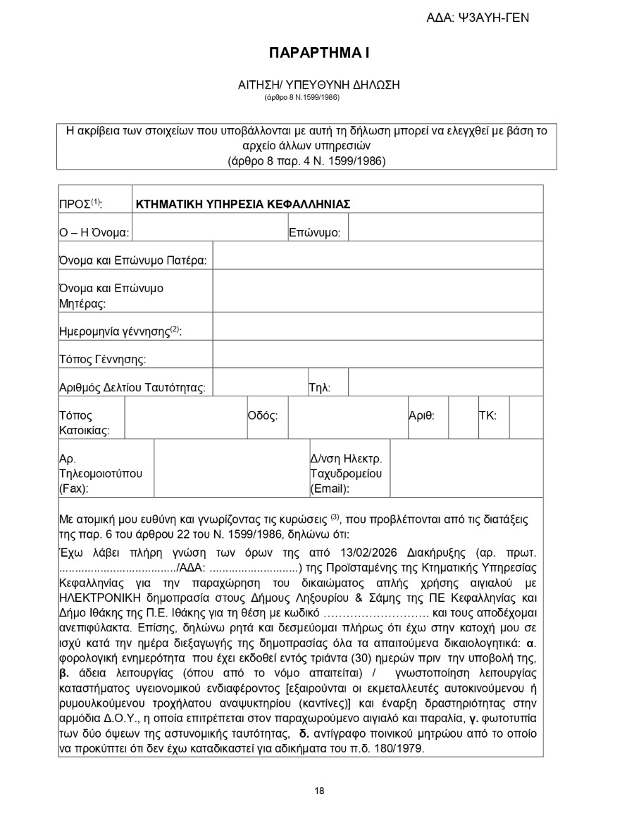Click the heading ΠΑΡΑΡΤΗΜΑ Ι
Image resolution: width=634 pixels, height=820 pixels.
tap(319, 53)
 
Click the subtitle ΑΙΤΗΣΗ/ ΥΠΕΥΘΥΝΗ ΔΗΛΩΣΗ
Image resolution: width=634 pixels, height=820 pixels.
tap(319, 84)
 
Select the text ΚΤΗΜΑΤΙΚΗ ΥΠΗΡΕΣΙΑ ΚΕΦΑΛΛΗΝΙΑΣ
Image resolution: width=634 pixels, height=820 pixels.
tap(243, 205)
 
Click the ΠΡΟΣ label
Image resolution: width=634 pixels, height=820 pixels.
tap(80, 205)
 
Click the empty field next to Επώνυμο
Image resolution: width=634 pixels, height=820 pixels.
tap(445, 227)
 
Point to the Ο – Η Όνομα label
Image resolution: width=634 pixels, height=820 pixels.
tap(94, 232)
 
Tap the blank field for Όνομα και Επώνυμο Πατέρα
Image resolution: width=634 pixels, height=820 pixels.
tap(378, 256)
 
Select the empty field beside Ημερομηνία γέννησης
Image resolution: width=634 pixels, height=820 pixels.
tap(378, 327)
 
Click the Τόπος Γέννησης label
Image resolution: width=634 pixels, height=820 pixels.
tap(102, 360)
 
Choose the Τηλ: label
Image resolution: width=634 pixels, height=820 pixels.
tap(319, 388)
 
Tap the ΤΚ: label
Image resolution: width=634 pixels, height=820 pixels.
tap(487, 415)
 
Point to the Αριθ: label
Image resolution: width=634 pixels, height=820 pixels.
tap(421, 415)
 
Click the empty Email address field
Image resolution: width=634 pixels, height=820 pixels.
tap(466, 468)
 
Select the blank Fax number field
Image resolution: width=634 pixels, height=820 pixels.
tap(230, 468)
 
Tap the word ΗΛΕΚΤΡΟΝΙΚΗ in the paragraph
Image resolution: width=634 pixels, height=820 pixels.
tap(100, 598)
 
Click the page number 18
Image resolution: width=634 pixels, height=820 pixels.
tap(319, 790)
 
